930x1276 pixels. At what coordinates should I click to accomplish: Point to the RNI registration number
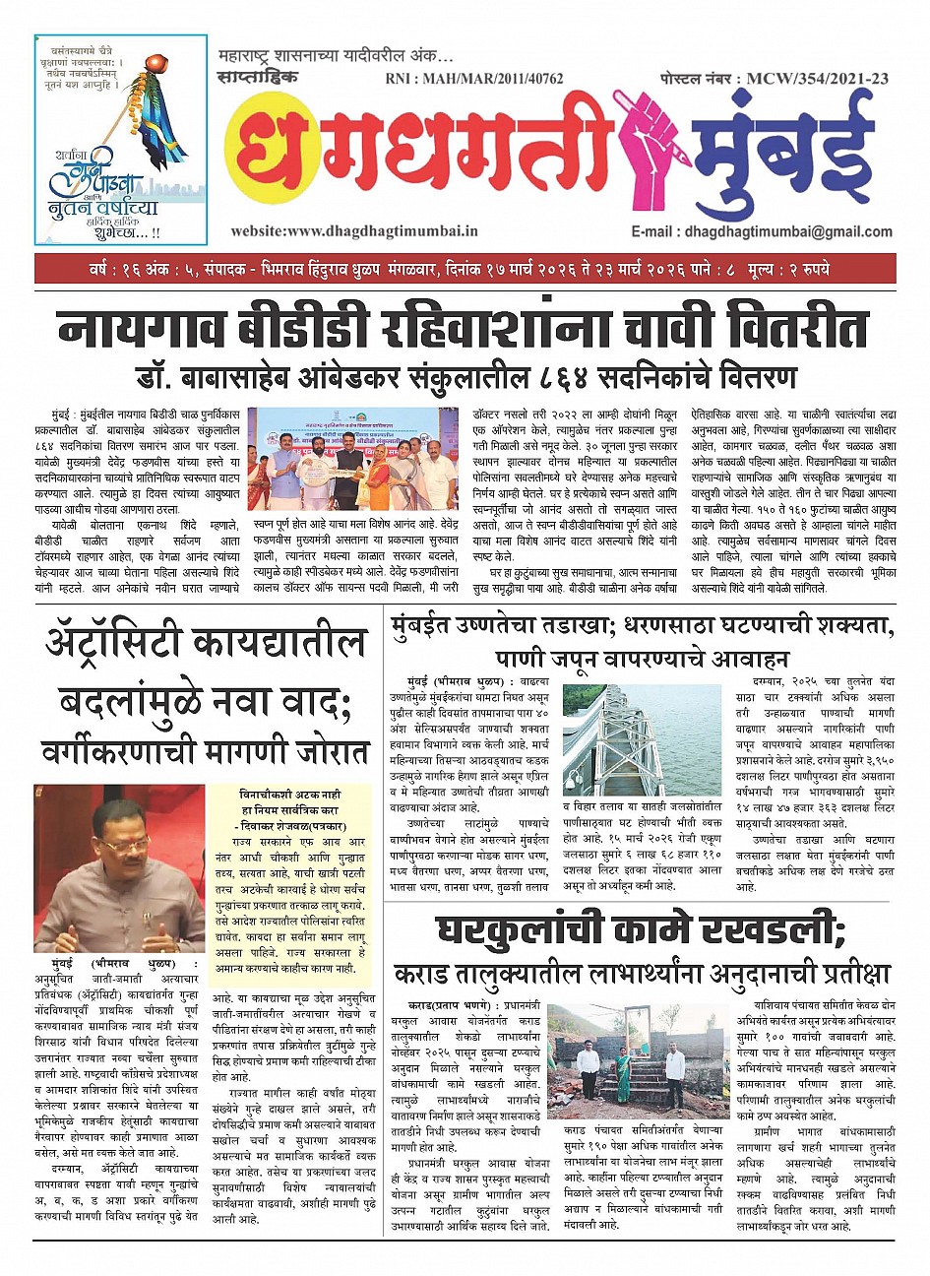coord(474,78)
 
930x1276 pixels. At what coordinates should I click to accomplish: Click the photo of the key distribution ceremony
coord(351,458)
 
